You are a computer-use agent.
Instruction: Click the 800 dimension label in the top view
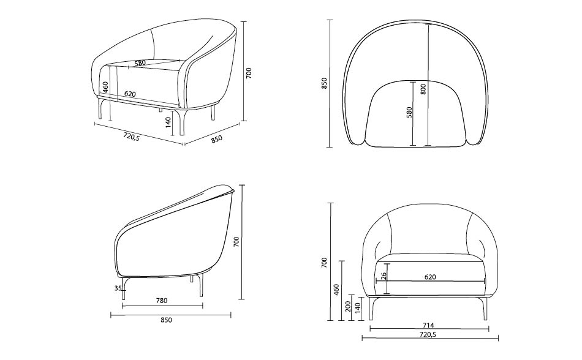tap(423, 89)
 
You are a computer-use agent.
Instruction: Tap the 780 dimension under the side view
tap(162, 301)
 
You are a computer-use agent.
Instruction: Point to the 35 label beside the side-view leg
tap(118, 288)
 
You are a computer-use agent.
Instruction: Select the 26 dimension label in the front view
tap(384, 276)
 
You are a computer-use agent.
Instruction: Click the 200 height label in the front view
tap(348, 306)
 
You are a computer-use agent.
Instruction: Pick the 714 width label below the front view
tap(428, 326)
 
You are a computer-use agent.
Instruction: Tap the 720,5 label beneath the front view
tap(428, 334)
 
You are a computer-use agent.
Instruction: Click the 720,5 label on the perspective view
tap(131, 137)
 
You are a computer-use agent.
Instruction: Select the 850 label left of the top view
tap(325, 83)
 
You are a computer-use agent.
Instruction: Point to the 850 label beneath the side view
tap(166, 320)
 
